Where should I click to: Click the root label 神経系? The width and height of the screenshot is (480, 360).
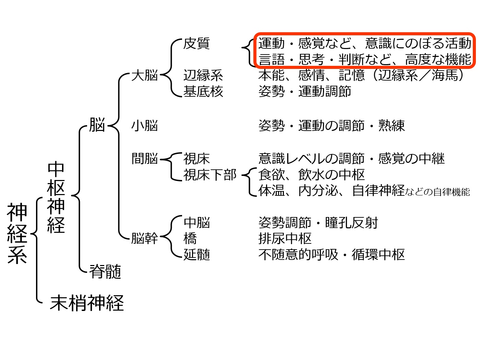point(17,233)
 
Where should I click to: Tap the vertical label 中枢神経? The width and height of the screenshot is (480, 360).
point(56,197)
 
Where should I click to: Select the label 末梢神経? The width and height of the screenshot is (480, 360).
point(87,303)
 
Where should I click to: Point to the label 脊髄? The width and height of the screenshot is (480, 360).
point(105,271)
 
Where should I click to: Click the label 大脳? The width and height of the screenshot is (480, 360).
point(145,75)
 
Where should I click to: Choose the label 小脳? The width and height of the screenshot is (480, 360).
point(145,125)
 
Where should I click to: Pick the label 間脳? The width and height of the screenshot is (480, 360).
point(145,158)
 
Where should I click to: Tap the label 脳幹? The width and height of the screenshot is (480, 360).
point(145,238)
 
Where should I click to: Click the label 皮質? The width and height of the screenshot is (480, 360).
point(196,43)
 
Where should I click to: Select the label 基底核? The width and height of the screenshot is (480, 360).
point(203,91)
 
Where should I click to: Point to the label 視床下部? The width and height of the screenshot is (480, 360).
point(210,175)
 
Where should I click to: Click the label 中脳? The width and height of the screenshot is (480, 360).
point(196,223)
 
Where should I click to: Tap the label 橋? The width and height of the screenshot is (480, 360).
point(190,238)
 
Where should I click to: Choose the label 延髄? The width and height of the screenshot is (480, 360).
point(196,254)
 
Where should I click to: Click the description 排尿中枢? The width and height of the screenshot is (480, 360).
point(285,238)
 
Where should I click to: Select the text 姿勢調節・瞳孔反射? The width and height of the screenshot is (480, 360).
point(318,223)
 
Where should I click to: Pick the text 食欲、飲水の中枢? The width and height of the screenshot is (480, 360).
point(312,175)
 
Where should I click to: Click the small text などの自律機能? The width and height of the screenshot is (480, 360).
point(437,192)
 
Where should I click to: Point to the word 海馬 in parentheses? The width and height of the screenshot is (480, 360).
point(445,75)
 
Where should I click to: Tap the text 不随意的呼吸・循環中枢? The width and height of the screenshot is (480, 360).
point(332,254)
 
